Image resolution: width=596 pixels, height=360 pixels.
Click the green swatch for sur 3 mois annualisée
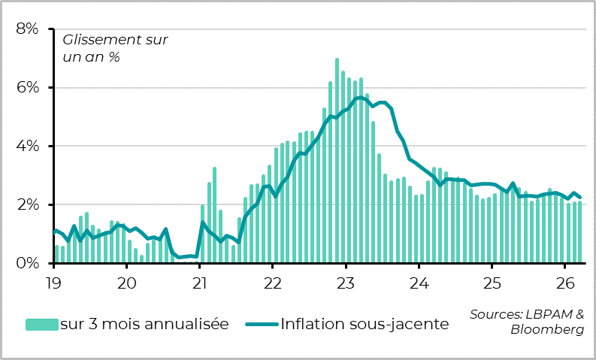pos(41,324)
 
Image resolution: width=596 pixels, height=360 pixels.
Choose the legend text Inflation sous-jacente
pos(365,324)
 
